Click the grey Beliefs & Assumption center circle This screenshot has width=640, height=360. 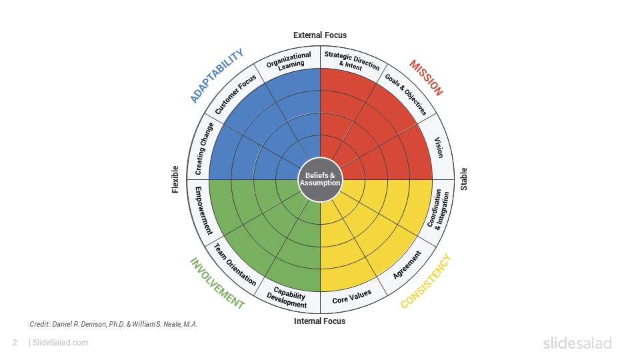pos(321,179)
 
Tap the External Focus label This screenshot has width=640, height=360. pos(320,35)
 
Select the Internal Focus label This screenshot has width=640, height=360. pos(319,321)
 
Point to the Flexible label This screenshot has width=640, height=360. pos(175,179)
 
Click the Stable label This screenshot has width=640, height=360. pos(464,179)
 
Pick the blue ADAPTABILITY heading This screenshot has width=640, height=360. pos(217,75)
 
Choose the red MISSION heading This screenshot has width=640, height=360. pos(426,78)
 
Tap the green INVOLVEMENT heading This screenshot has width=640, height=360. pos(217,283)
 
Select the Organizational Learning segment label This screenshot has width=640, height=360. pos(289,61)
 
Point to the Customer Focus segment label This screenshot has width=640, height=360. pos(235,94)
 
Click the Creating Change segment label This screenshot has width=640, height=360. pos(204,149)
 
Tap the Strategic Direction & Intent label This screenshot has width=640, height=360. pos(351,61)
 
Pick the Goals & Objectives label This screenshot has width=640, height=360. pos(406,95)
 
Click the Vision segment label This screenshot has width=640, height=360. pos(439,147)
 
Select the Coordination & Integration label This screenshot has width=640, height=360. pos(439,209)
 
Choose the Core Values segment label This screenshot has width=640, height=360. pos(352,297)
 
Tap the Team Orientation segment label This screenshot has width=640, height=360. pos(235,265)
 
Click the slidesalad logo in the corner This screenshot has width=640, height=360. pos(577,343)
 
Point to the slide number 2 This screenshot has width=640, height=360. pos(15,343)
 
